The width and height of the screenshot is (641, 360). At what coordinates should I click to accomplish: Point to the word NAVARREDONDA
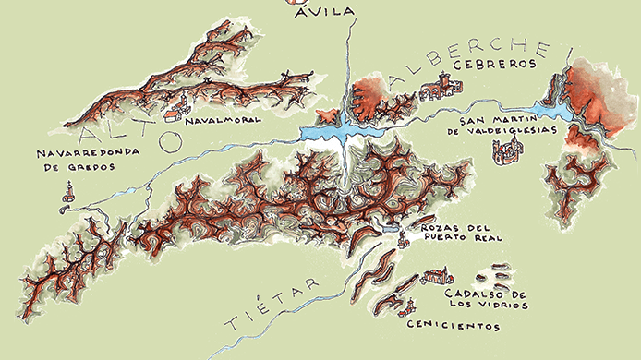[x=79, y=152]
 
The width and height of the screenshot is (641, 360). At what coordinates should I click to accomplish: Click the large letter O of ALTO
[x=168, y=140]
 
